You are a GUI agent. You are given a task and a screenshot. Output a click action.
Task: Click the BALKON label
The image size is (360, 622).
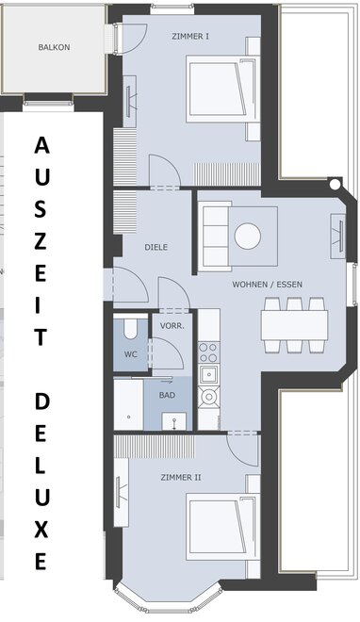(54, 47)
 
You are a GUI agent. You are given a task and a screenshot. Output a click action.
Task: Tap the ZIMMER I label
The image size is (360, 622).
(190, 37)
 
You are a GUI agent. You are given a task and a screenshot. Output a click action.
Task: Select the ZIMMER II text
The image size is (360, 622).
(181, 477)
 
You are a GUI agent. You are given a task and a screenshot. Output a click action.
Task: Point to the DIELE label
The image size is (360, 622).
(155, 247)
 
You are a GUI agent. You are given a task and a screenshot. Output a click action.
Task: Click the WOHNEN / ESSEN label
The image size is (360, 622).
(268, 285)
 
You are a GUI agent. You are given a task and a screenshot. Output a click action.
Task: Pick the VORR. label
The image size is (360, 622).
(172, 326)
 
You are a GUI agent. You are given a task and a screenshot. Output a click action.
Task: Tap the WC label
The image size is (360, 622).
(130, 353)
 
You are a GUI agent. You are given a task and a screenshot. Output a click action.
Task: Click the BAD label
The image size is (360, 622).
(167, 395)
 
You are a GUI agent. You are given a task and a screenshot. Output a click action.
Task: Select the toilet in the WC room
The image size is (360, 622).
(130, 327)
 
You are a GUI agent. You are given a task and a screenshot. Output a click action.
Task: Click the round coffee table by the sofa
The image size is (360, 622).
(248, 236)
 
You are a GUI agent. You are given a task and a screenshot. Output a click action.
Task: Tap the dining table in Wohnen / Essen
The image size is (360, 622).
(295, 325)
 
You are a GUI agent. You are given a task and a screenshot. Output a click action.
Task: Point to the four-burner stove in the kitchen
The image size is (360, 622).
(208, 352)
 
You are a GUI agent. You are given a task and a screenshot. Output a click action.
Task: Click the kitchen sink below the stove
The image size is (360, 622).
(208, 374)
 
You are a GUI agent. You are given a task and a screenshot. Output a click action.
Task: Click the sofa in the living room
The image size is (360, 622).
(214, 237)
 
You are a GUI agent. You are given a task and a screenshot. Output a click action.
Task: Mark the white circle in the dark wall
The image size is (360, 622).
(335, 184)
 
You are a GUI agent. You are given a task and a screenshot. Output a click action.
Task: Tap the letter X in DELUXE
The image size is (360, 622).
(41, 530)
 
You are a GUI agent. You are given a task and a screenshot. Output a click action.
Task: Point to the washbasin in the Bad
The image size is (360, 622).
(174, 421)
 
